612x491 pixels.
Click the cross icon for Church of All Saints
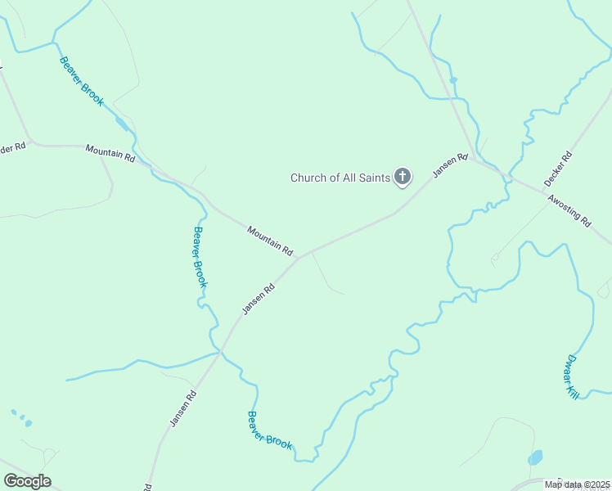[x=402, y=177]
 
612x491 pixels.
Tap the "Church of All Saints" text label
[x=341, y=178]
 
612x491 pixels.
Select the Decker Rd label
[x=558, y=168]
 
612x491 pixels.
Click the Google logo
[x=27, y=481]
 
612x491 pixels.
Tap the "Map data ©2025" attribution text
[x=576, y=484]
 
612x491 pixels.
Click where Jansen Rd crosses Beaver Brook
[x=220, y=351]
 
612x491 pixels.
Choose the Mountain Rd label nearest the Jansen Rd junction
[x=270, y=241]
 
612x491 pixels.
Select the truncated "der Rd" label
[x=12, y=146]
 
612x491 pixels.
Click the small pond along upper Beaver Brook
[x=121, y=124]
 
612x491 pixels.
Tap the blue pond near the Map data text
[x=535, y=457]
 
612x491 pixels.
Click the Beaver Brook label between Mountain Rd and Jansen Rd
[x=199, y=256]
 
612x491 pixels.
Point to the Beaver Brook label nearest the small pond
[x=81, y=81]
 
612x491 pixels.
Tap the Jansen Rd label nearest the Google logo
[x=182, y=408]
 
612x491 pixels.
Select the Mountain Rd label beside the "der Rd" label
[x=110, y=153]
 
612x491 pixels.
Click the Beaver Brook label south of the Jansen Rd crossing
[x=269, y=430]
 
